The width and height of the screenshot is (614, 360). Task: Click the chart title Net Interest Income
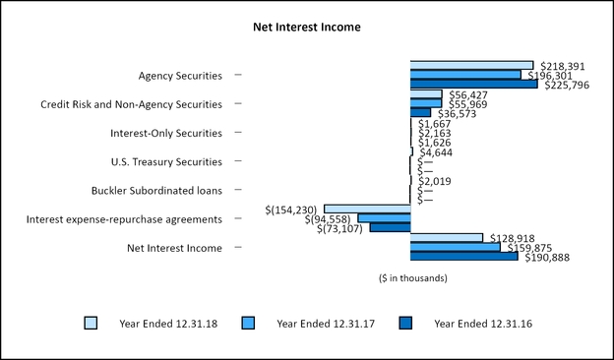[307, 28]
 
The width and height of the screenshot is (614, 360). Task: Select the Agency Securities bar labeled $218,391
[471, 65]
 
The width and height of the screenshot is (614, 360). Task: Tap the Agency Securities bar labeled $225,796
[473, 84]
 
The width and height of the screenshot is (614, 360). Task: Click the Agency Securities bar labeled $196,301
[465, 75]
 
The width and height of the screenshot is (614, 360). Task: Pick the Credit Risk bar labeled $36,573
[420, 112]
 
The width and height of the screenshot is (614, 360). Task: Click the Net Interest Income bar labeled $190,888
[463, 257]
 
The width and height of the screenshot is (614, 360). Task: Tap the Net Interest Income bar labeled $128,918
[447, 237]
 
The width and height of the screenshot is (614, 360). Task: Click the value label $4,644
[435, 152]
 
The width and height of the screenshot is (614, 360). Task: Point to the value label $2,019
[435, 181]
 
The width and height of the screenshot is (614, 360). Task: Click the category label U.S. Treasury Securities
[166, 161]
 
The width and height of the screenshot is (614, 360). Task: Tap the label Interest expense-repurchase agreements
[125, 218]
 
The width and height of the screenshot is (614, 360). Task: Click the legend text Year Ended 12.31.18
[155, 323]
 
